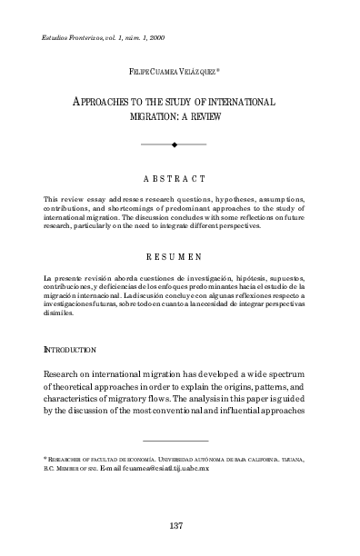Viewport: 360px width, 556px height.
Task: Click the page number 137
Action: click(178, 526)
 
